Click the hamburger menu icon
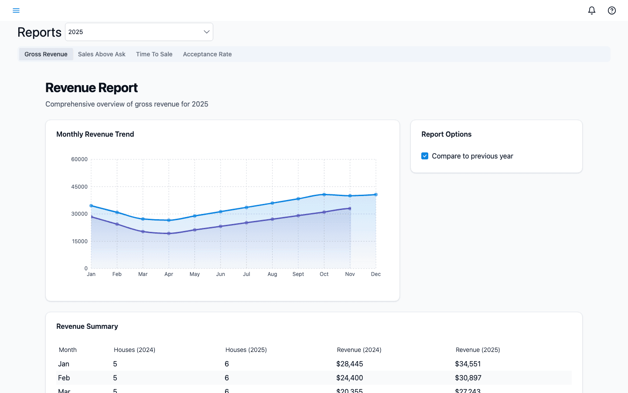(16, 10)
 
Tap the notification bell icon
(591, 10)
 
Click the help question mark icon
(611, 10)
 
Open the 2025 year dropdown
(139, 32)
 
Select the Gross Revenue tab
(46, 54)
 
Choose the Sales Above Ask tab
(102, 54)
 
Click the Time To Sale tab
(154, 54)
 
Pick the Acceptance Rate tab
(207, 54)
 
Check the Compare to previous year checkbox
(425, 156)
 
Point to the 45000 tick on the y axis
(79, 187)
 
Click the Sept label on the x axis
(298, 274)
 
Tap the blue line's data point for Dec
(375, 195)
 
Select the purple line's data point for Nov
(350, 208)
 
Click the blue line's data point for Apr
(169, 220)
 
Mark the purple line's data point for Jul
(246, 223)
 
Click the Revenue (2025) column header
(478, 350)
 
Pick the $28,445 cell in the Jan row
(349, 364)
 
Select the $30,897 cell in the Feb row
(468, 378)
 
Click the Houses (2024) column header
(134, 350)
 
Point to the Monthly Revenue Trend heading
(95, 134)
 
